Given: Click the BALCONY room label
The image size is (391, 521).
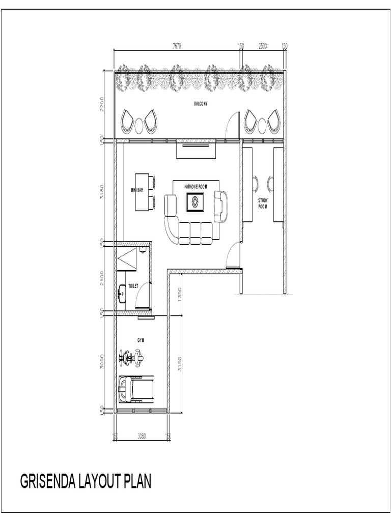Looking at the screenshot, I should tap(201, 104).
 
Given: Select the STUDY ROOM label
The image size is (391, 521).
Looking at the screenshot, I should tap(263, 204).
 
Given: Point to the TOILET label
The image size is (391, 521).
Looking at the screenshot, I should tap(133, 286).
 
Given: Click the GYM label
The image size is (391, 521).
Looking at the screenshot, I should tap(141, 339).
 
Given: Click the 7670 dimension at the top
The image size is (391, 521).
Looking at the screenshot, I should tap(177, 46).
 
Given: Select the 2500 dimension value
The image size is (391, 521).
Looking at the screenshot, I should tap(263, 46).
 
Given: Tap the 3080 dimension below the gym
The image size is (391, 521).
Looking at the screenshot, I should tap(142, 436).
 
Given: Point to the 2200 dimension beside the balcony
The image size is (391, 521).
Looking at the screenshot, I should tap(102, 104).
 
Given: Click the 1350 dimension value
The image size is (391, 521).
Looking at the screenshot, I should tap(180, 295).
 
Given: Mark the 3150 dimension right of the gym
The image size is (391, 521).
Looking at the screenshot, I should tap(179, 363).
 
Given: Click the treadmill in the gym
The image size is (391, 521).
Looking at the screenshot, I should tap(135, 390).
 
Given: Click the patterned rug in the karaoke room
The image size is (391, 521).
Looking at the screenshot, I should tap(196, 203).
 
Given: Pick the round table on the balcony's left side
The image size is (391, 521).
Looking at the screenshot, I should tap(139, 124).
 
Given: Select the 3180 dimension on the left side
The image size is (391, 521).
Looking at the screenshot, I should tap(102, 193).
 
